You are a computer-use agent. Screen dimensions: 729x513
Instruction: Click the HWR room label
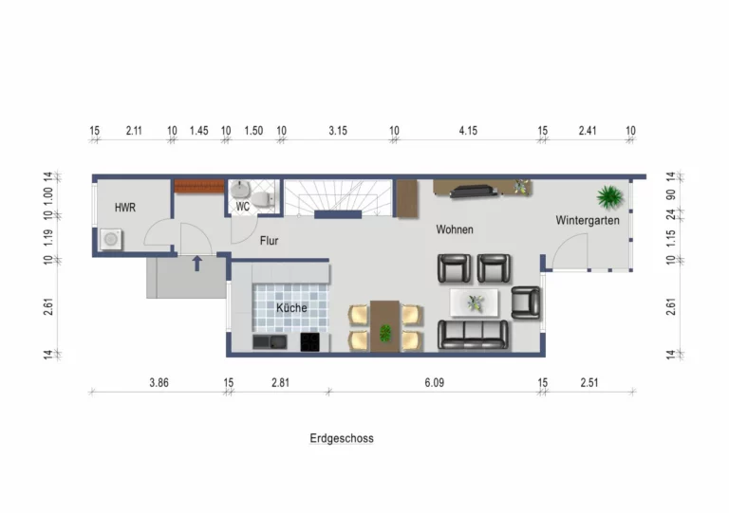pos(125,208)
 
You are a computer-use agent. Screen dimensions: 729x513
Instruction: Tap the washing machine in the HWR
pos(111,239)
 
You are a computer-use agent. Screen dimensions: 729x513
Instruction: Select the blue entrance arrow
pos(197,264)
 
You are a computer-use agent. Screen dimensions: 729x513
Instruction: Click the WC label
pos(243,207)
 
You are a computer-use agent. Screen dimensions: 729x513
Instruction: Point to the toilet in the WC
pos(264,198)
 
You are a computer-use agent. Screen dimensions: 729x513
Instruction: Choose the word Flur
pos(270,241)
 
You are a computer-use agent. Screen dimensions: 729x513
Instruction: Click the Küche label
pos(291,307)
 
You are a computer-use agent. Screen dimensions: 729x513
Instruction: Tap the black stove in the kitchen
pos(309,342)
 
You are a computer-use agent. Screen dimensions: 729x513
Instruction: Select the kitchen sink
pos(270,342)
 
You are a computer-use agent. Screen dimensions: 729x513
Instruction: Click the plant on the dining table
pos(385,333)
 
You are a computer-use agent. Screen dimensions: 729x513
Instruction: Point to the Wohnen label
pos(455,229)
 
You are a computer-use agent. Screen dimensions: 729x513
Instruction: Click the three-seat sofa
pos(474,335)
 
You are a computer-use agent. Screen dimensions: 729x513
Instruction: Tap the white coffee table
pos(474,302)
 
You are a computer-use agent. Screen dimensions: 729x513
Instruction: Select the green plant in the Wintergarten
pos(610,197)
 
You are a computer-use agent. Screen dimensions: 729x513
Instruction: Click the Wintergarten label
pos(588,220)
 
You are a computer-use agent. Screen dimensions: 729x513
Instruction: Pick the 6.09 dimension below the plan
pos(434,382)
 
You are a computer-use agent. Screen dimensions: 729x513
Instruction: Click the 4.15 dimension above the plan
pos(468,131)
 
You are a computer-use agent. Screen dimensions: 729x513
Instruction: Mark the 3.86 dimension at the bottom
pos(159,382)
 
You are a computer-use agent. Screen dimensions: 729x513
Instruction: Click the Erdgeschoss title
pos(342,438)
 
